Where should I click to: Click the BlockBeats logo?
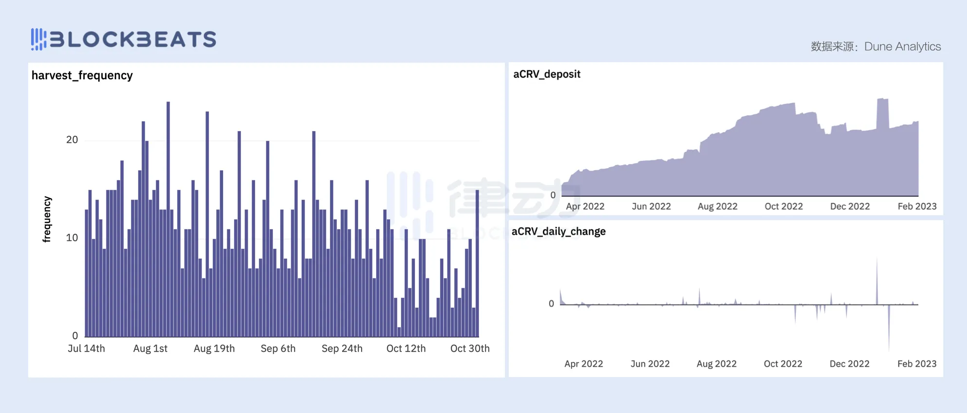tap(123, 39)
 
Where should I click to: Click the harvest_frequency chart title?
tap(82, 75)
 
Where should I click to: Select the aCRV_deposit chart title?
tap(547, 74)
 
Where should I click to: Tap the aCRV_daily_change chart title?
tap(558, 231)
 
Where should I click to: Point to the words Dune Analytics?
tap(902, 47)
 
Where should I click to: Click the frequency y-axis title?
tap(47, 219)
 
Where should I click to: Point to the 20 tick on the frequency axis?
tap(72, 140)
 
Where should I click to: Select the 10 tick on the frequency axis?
tap(72, 238)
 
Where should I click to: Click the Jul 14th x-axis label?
tap(86, 348)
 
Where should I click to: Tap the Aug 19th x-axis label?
tap(214, 348)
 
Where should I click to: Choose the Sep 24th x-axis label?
tap(342, 348)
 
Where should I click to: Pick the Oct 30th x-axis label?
tap(470, 348)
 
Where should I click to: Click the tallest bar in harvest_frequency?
tap(168, 219)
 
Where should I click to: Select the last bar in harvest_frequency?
tap(477, 262)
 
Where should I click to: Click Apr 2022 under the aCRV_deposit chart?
tap(585, 206)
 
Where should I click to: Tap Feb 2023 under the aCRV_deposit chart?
tap(917, 206)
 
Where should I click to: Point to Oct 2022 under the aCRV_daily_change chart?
tap(783, 364)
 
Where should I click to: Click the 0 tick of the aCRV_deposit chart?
tap(553, 195)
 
